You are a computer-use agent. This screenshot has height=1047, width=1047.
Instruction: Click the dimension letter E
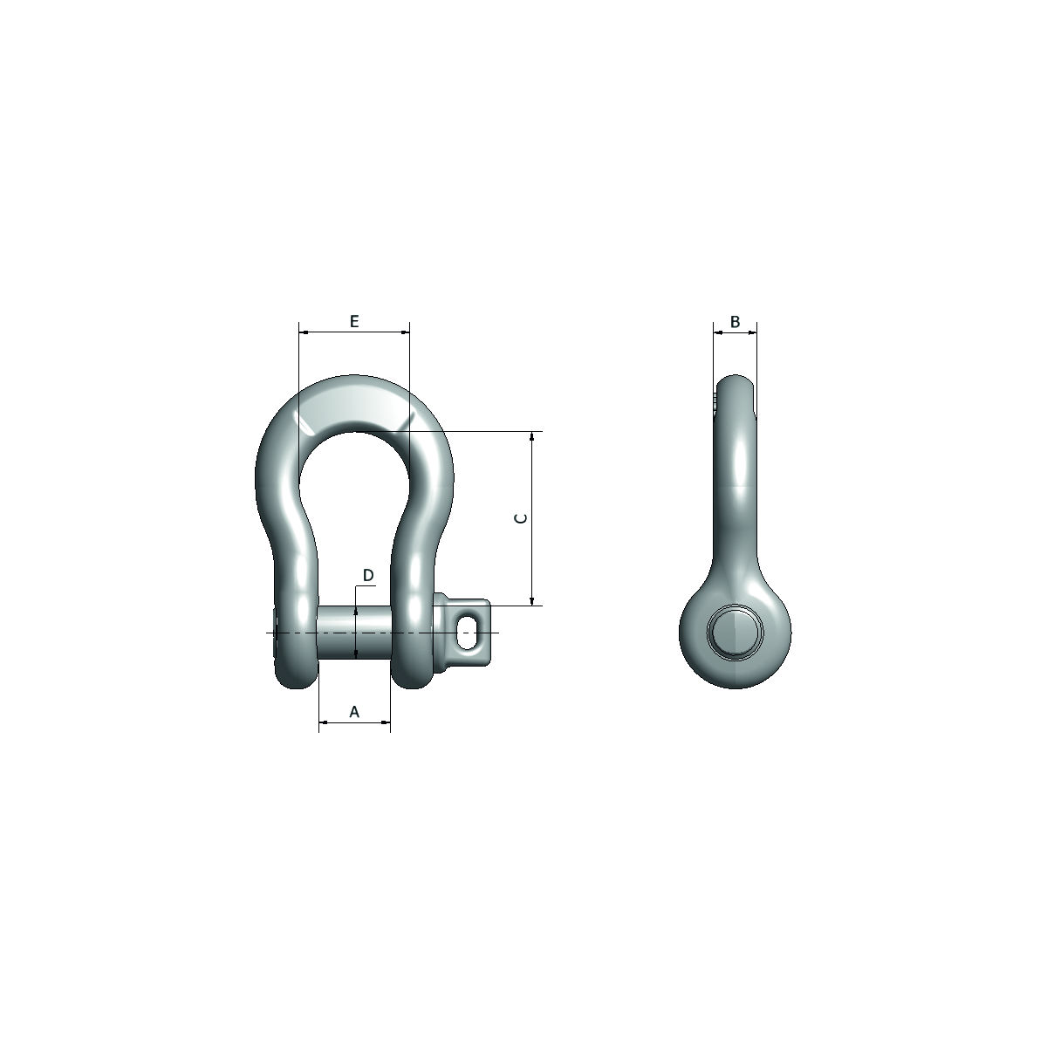pos(353,322)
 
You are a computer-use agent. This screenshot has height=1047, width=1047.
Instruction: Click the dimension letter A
pos(354,712)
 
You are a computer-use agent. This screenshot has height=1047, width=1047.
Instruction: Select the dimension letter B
pos(735,322)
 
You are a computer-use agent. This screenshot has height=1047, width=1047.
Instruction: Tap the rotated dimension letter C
pos(521,518)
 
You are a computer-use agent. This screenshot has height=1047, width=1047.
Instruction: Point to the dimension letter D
pos(368,575)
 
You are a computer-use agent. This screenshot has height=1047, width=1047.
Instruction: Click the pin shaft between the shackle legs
pos(353,633)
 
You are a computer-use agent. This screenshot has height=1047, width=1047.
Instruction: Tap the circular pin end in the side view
pos(736,632)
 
